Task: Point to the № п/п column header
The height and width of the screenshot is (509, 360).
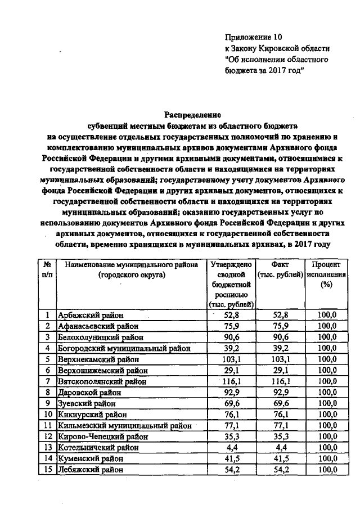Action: pos(48,269)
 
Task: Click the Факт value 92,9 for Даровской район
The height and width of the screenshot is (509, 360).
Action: pos(280,393)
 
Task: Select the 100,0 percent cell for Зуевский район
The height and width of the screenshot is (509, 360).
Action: pos(325,403)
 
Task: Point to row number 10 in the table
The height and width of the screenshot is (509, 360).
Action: pos(48,415)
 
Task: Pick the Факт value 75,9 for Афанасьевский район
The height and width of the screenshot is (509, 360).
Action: pos(280,326)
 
